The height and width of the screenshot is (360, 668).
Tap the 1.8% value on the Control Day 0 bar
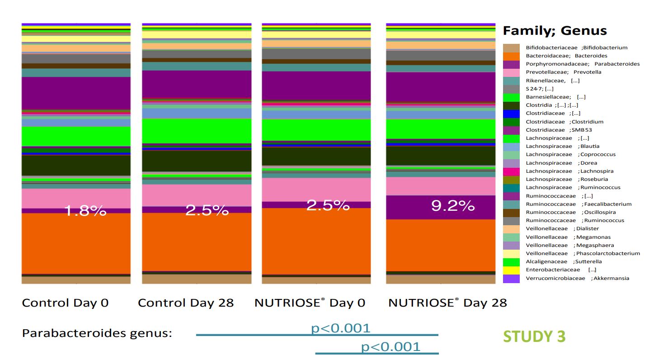[x=85, y=210]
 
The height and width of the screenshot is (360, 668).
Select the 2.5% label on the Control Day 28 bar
[x=207, y=210]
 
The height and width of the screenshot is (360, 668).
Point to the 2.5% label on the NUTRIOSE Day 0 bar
[x=328, y=205]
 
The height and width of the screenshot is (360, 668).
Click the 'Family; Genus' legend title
[x=555, y=31]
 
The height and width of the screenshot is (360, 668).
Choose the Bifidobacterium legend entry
[x=576, y=47]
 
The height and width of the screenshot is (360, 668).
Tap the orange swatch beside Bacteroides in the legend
[x=511, y=56]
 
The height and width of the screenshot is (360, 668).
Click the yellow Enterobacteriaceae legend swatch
[x=511, y=270]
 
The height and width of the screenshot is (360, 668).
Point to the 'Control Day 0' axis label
[x=65, y=303]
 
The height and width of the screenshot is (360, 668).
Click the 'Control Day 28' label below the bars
[x=186, y=303]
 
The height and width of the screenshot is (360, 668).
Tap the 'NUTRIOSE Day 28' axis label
[x=447, y=303]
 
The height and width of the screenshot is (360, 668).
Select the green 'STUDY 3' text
[x=534, y=336]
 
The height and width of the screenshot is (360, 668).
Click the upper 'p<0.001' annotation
[x=340, y=328]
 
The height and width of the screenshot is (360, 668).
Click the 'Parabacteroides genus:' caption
[x=97, y=333]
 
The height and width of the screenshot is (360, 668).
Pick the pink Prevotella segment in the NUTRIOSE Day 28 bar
[x=440, y=186]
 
